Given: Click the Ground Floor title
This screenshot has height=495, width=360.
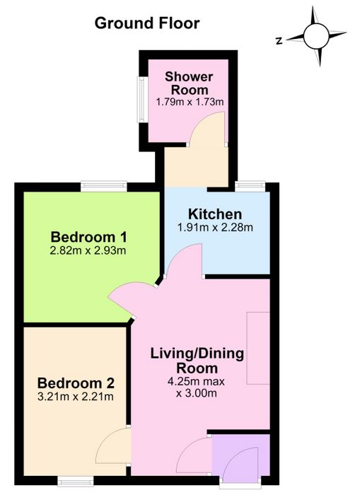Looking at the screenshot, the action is pos(147,23).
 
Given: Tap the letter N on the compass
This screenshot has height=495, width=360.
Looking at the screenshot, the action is pos(279,41).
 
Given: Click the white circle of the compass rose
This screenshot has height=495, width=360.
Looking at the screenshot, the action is pos(316,36).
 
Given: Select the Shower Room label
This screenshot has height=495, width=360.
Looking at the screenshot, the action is pos(189,83).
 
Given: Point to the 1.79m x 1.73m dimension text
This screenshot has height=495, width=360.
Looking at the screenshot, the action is pos(190,102).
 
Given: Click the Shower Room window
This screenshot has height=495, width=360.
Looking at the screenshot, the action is pos(141,99).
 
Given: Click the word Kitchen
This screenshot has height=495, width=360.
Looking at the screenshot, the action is pos(215,214).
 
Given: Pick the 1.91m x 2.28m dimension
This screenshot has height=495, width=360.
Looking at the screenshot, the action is pos(215,227).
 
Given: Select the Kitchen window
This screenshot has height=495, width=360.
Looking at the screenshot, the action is pos(250,186).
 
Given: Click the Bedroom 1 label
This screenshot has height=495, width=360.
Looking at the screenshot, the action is pos(88,237).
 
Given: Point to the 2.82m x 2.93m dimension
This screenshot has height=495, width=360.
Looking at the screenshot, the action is pos(88,250).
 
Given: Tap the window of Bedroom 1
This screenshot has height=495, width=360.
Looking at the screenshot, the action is pos(103,186).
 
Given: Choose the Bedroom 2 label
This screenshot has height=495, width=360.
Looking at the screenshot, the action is pos(76,383).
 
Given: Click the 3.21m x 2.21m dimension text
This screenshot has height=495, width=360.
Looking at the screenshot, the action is pos(76,396).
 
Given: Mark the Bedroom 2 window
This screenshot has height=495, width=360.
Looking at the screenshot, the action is pos(76,481).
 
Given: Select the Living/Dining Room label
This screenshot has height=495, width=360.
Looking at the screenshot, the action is pos(197,361).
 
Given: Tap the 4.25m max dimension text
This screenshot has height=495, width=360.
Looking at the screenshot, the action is pos(196,381).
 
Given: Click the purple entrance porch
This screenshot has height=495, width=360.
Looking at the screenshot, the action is pos(240,455).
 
